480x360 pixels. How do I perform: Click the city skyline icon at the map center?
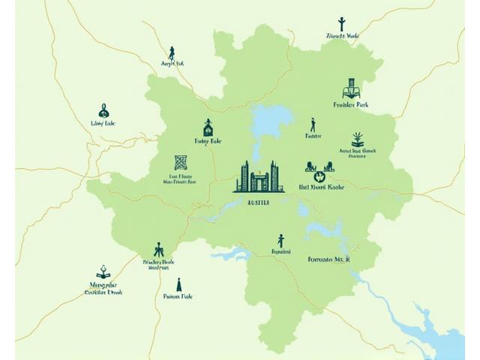click(258, 178)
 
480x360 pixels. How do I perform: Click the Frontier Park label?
click(350, 106)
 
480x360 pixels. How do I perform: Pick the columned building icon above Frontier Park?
click(349, 88)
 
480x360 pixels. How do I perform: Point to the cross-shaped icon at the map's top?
click(341, 23)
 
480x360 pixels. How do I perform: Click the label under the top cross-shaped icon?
click(343, 36)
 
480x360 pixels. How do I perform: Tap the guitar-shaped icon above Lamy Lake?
click(103, 111)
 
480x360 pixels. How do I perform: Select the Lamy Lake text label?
click(103, 124)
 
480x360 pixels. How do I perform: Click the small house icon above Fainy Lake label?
click(208, 127)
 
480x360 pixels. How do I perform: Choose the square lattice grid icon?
click(181, 162)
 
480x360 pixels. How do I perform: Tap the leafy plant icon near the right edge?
click(358, 139)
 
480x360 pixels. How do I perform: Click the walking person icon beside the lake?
click(313, 124)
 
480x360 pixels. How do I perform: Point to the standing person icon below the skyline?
click(280, 241)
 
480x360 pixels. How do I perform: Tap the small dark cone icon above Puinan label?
click(178, 285)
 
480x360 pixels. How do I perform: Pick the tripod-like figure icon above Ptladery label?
click(158, 250)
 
